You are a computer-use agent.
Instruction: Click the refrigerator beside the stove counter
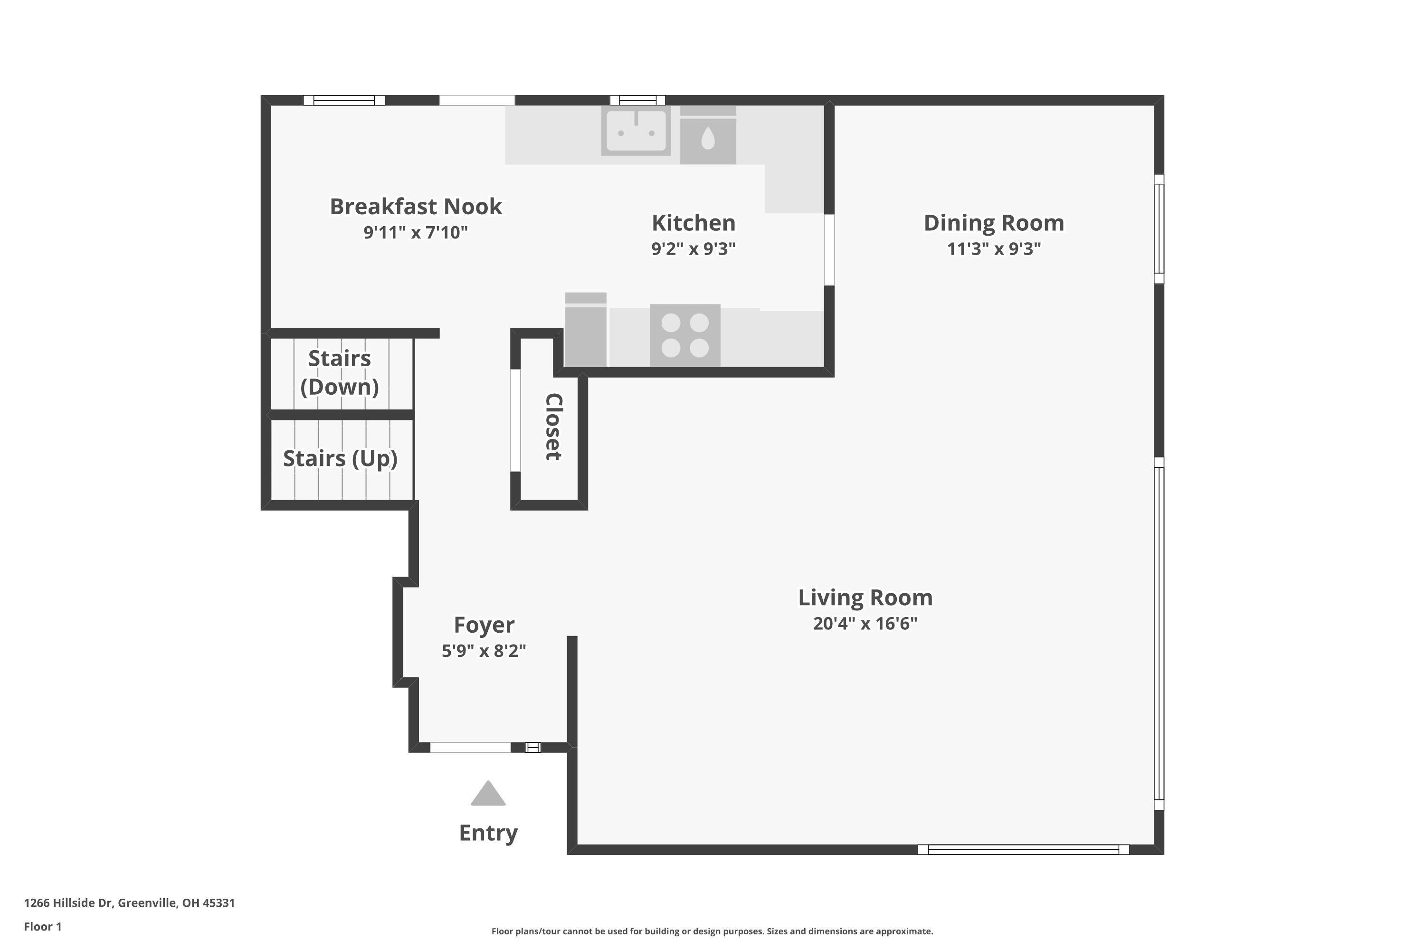[x=585, y=330]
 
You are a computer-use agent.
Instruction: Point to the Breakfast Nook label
[x=416, y=207]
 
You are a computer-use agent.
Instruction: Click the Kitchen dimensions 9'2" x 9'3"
[x=693, y=249]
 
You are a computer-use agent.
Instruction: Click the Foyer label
[x=484, y=625]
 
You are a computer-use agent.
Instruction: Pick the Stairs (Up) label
[x=340, y=459]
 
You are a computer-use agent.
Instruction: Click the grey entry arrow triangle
[x=488, y=795]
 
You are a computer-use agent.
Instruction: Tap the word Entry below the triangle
[x=488, y=833]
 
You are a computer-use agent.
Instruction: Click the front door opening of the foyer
[x=470, y=747]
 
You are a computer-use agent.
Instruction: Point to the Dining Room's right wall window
[x=1159, y=229]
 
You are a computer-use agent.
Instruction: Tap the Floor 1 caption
[x=42, y=926]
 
